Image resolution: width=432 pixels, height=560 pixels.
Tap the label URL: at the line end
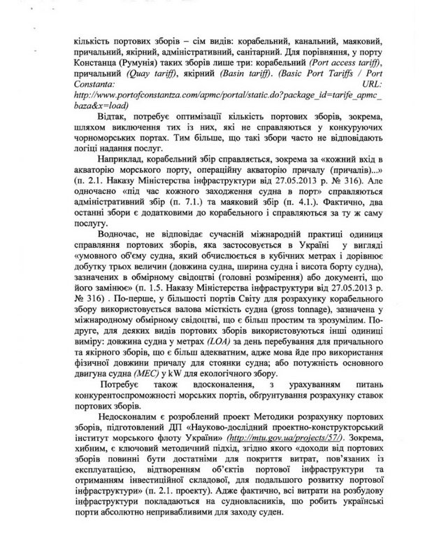click(x=357, y=92)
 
